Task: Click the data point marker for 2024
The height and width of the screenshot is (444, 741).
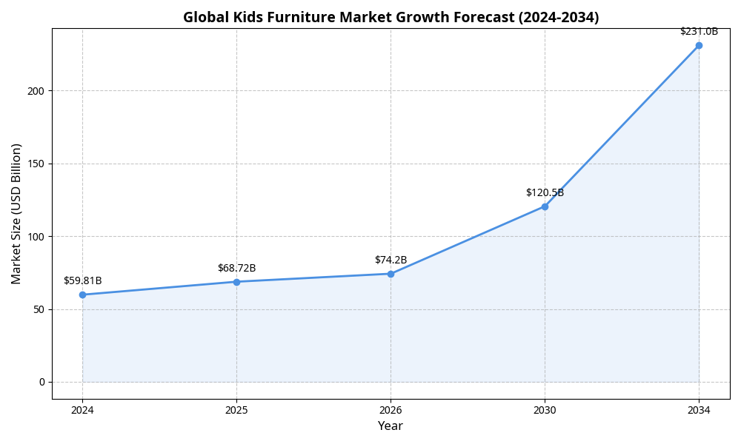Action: point(82,295)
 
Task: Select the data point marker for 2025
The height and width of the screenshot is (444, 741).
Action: point(236,282)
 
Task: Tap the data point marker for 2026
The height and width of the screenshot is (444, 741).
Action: point(391,274)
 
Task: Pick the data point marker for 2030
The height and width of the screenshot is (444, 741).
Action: point(545,206)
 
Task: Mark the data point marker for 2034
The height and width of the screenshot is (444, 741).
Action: point(699,46)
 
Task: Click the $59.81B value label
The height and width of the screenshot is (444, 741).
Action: point(82,280)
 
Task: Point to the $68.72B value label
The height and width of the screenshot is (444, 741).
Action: point(236,268)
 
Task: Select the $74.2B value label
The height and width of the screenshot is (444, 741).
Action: point(391,260)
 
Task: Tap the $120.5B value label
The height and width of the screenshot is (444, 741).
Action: point(545,192)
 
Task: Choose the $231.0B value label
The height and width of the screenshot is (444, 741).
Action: point(699,31)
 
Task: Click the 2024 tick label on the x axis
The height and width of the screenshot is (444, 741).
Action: point(82,409)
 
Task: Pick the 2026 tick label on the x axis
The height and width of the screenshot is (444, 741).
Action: point(391,409)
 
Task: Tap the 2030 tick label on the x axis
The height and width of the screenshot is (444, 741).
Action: point(545,409)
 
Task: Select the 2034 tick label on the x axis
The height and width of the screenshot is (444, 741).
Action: point(699,409)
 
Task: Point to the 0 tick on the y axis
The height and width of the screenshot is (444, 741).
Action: point(41,382)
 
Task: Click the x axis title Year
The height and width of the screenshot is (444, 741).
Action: point(391,426)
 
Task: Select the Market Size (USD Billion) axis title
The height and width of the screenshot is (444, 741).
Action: point(16,213)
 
